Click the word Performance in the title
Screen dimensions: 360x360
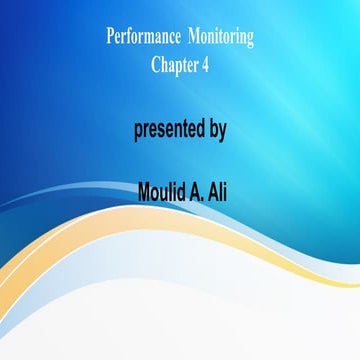(141, 38)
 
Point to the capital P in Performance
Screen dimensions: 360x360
(110, 38)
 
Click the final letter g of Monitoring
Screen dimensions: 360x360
(250, 40)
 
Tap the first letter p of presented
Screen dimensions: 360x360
(139, 132)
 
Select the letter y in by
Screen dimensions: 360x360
(222, 132)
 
